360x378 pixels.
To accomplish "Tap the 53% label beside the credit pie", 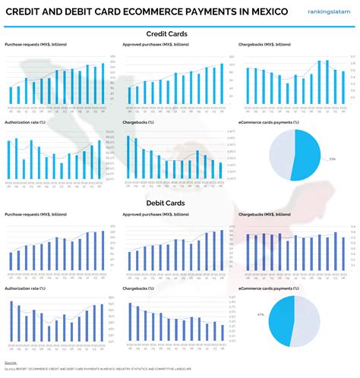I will pyautogui.click(x=332, y=159).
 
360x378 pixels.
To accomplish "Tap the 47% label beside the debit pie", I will pyautogui.click(x=261, y=314).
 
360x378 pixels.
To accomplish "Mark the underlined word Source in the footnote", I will pyautogui.click(x=11, y=363).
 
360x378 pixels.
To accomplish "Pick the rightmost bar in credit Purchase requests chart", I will pyautogui.click(x=103, y=84).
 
